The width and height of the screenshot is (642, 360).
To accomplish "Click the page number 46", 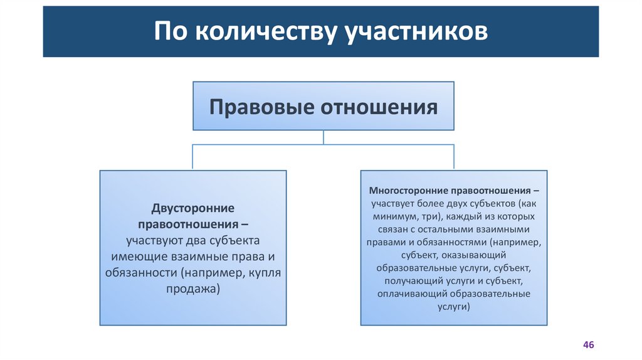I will point(588,345).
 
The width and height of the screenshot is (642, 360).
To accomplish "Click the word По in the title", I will point(170,32).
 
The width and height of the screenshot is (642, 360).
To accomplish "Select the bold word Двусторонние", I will point(192,208).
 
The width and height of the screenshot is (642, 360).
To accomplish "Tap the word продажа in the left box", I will point(192,289).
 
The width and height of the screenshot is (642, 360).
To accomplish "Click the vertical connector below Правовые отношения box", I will point(323,137).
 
